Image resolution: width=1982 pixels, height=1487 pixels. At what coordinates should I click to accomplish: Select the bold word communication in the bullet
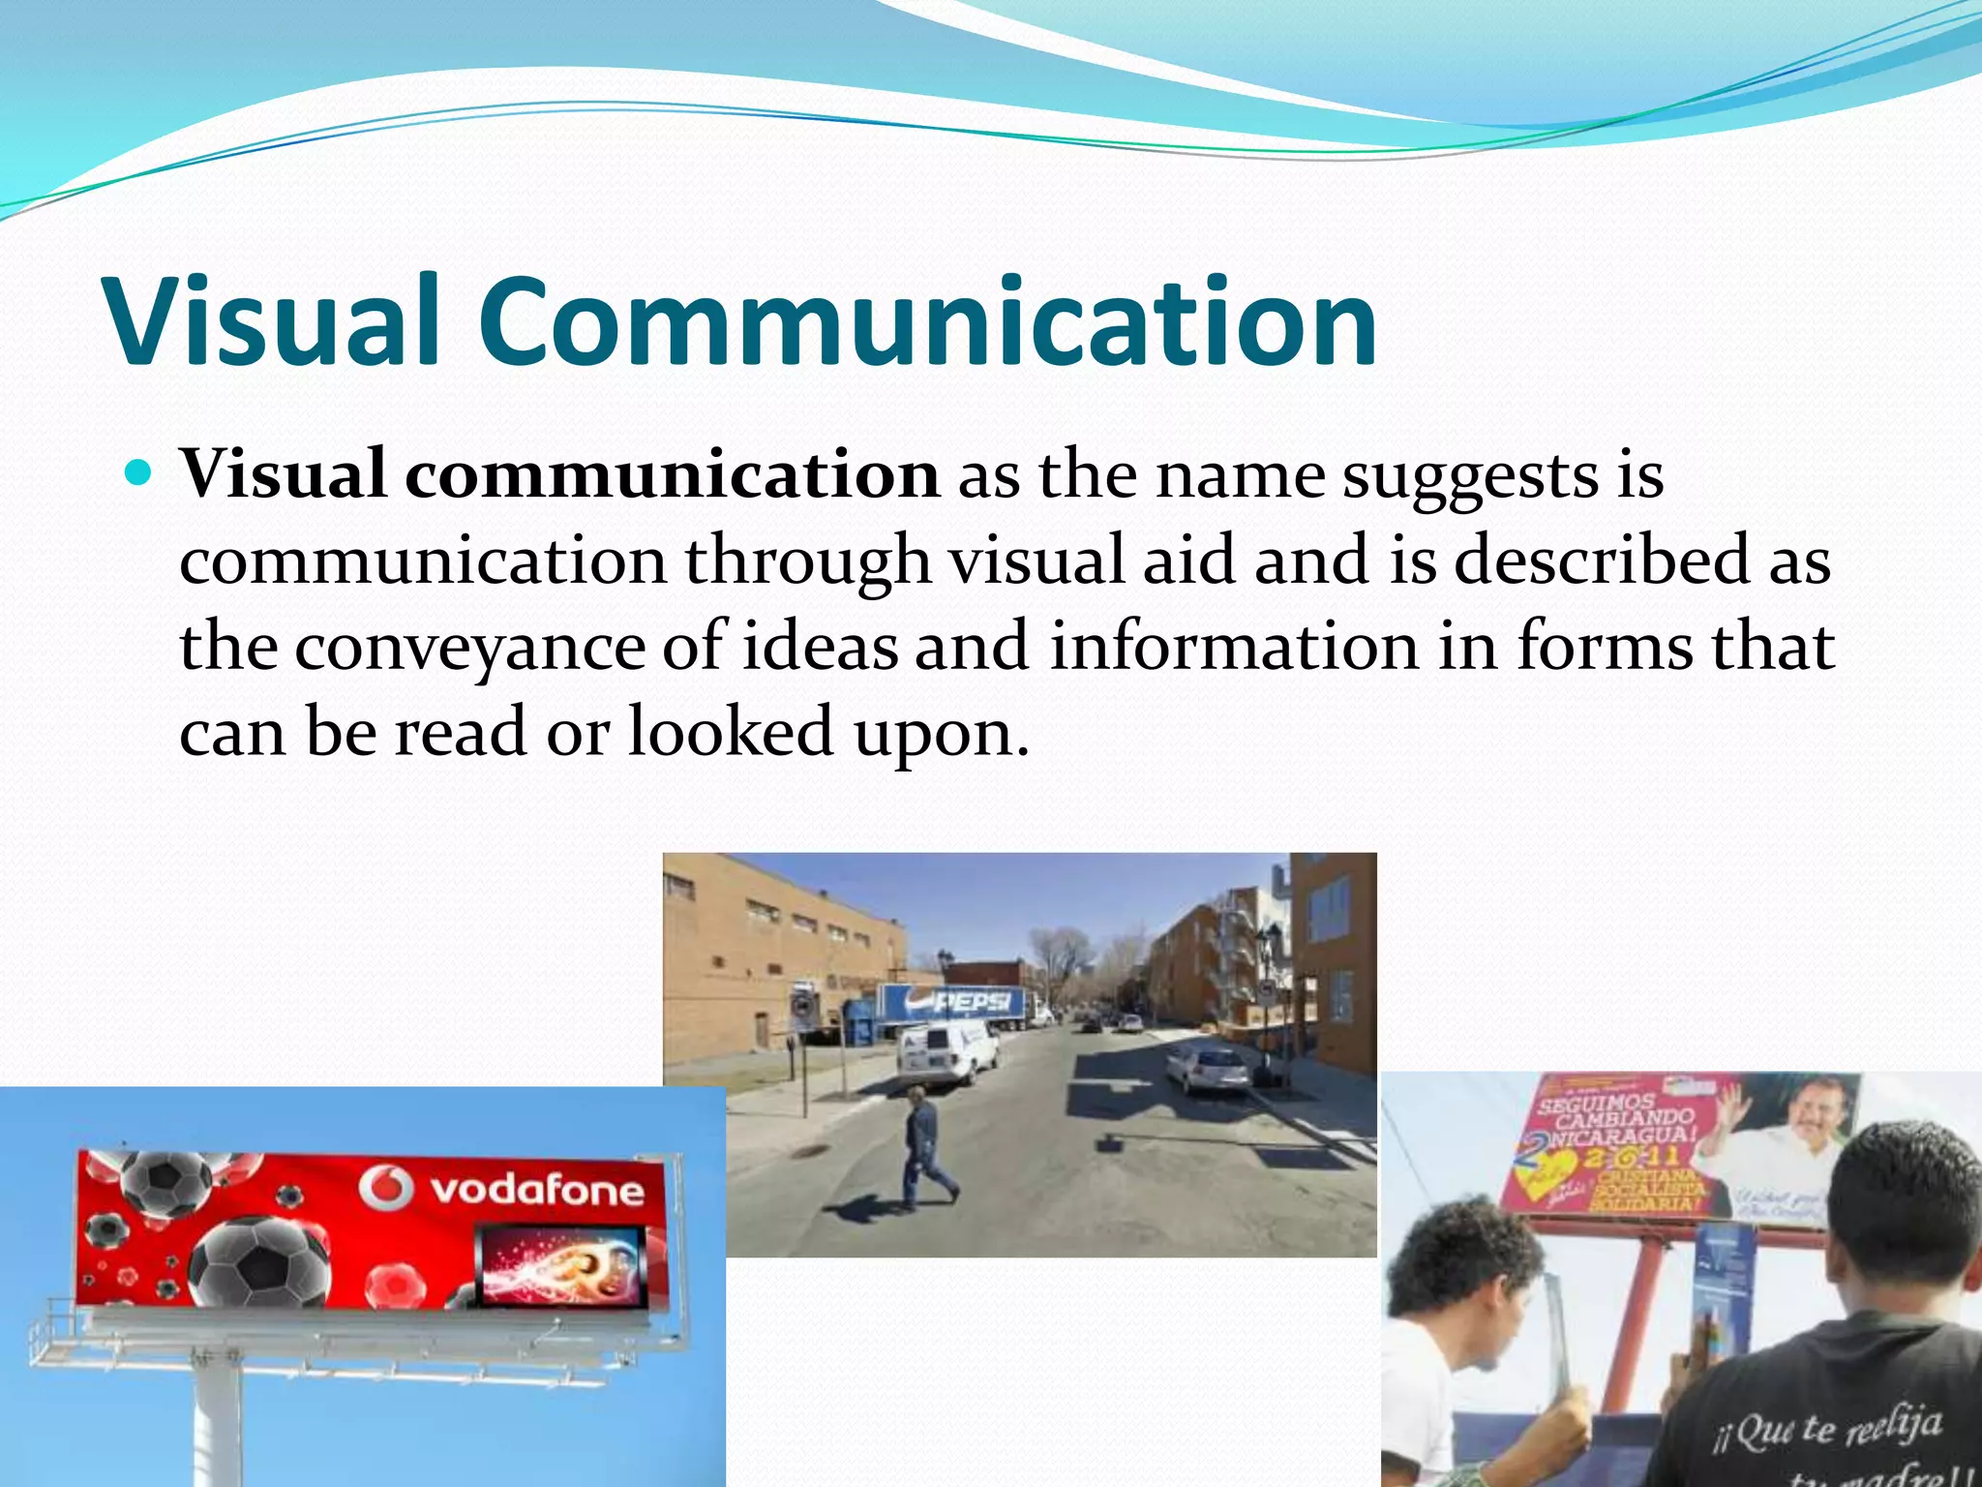tap(672, 474)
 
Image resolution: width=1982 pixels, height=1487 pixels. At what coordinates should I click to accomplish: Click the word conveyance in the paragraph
tap(468, 647)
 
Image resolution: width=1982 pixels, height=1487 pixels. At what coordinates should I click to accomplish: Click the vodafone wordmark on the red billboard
tap(537, 1190)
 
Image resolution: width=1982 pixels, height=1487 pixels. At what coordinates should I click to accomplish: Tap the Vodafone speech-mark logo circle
tap(386, 1188)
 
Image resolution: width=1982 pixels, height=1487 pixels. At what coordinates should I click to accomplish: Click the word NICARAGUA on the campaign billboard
tap(1617, 1137)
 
